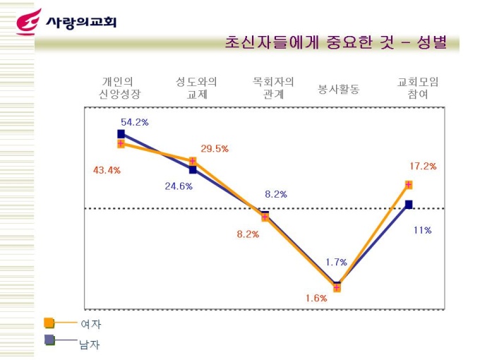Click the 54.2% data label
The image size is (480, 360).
135,122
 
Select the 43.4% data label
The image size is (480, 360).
107,170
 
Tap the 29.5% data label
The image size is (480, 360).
215,149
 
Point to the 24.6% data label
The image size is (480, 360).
179,186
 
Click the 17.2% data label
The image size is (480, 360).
423,167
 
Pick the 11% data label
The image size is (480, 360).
422,230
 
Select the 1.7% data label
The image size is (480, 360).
336,262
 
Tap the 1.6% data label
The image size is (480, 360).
316,298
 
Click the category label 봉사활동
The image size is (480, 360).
339,90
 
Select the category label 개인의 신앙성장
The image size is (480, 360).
119,88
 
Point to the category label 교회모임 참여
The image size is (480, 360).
418,88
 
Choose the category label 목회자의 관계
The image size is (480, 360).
273,88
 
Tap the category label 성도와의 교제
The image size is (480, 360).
196,88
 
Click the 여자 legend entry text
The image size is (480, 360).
90,325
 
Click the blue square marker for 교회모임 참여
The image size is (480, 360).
409,205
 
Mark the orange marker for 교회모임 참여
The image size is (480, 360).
409,185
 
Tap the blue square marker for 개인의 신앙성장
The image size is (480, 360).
121,133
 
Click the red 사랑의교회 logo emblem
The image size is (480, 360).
28,22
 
